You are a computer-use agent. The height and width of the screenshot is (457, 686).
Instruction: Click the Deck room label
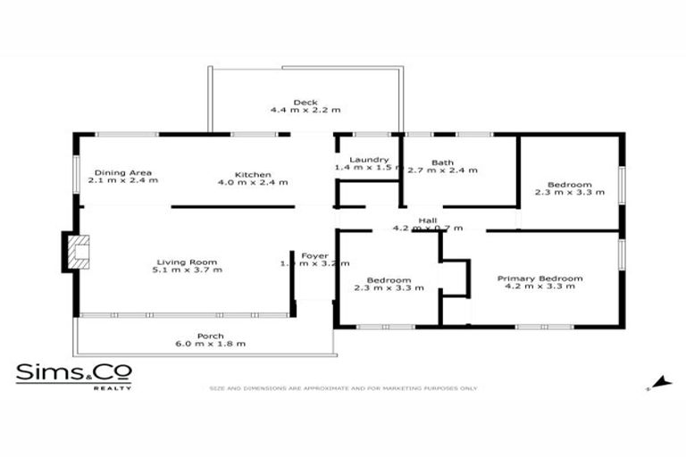point(305,102)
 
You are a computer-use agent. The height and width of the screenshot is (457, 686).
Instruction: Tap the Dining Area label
point(122,172)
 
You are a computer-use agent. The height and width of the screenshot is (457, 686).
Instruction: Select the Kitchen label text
point(253,174)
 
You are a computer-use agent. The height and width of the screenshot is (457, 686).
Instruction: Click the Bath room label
point(442,162)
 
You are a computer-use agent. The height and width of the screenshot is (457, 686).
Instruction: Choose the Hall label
point(429,220)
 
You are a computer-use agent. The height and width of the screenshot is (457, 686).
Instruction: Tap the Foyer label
point(314,255)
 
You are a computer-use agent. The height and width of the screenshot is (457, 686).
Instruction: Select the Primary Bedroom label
point(540,278)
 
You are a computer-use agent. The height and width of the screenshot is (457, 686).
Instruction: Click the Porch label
point(211,336)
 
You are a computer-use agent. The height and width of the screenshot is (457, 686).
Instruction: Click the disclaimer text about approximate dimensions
point(342,388)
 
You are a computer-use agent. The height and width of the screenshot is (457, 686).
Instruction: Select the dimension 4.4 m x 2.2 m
point(305,110)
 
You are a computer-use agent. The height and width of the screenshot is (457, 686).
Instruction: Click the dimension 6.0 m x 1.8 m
point(211,344)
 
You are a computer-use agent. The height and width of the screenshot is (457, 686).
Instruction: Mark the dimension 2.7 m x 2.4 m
point(442,170)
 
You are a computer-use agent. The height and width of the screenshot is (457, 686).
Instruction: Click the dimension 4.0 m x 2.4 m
point(253,182)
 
